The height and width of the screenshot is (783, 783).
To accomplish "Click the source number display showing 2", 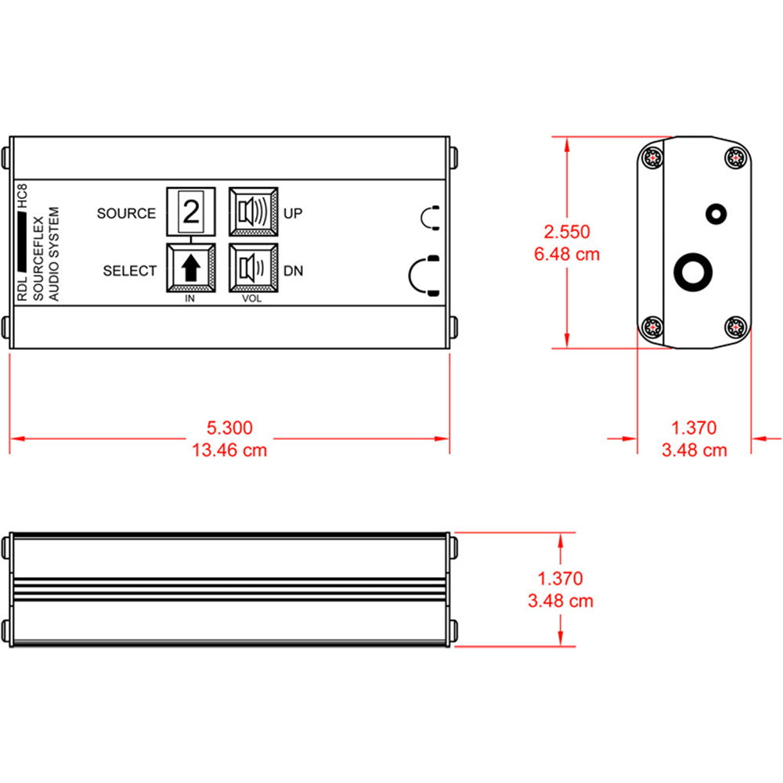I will click(190, 211).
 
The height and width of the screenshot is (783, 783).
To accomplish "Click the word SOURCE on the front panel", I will click(126, 213).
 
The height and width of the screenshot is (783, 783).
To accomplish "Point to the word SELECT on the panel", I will click(130, 271).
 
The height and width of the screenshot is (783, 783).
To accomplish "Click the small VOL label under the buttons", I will click(252, 299).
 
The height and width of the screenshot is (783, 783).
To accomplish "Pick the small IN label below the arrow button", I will click(190, 299).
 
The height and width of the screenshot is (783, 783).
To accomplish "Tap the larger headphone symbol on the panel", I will click(424, 276).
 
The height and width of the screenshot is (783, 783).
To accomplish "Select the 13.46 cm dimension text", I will click(229, 449).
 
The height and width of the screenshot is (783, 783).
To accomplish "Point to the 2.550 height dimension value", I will click(568, 232).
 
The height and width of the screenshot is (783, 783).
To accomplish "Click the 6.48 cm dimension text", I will click(568, 254).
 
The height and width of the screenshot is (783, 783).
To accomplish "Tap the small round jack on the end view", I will click(715, 212).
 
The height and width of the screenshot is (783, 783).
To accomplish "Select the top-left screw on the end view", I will click(651, 157).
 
